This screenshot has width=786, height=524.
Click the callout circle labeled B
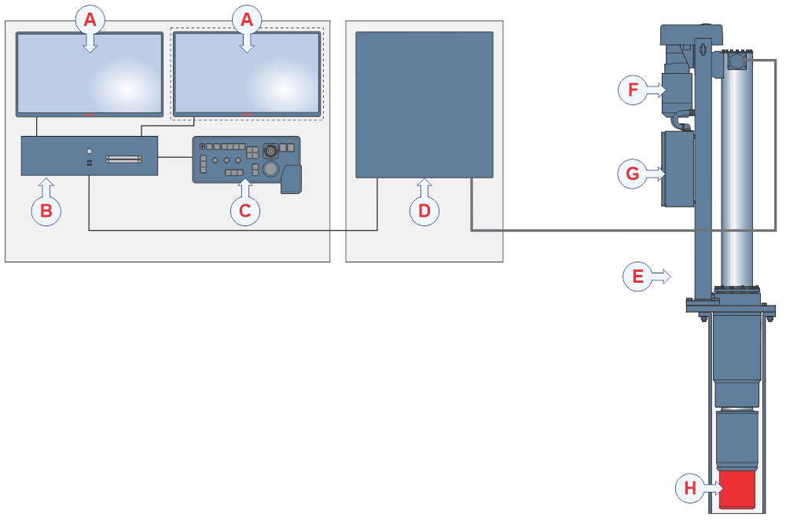[46, 211]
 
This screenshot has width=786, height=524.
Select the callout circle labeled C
[245, 211]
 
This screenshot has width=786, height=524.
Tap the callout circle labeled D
[424, 211]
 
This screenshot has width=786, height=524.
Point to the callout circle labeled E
[638, 276]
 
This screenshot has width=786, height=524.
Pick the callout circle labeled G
[633, 174]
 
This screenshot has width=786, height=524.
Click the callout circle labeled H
[690, 488]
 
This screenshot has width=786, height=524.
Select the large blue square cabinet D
[424, 104]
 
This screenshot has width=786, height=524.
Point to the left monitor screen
[90, 74]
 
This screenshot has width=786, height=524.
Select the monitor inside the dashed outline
[247, 74]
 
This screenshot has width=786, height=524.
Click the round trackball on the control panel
[270, 168]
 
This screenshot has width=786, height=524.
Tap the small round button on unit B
[90, 151]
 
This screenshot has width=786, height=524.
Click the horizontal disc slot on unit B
[126, 159]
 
